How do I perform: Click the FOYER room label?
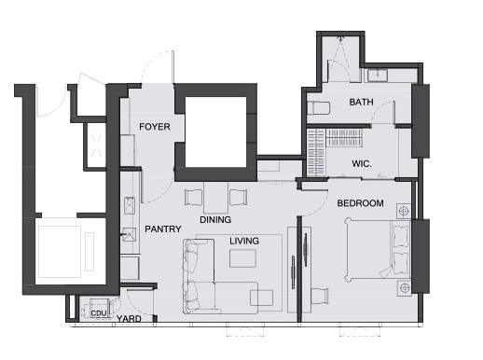(155, 127)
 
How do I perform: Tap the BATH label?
(361, 102)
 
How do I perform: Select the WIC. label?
(362, 164)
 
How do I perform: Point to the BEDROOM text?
(360, 203)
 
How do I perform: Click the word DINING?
(215, 220)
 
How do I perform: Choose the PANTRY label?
(163, 229)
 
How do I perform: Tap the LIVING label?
(244, 241)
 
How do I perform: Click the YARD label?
(129, 319)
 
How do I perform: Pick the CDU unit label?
(99, 313)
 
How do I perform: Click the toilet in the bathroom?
(318, 108)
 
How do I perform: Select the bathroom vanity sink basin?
(378, 76)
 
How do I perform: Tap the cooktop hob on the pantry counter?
(130, 205)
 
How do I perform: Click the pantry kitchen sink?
(129, 235)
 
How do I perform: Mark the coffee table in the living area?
(242, 258)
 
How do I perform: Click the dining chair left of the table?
(194, 198)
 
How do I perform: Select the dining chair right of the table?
(239, 198)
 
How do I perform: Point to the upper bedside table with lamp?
(404, 212)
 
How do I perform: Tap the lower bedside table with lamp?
(405, 288)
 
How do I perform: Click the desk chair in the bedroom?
(320, 296)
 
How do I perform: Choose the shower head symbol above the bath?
(340, 38)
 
